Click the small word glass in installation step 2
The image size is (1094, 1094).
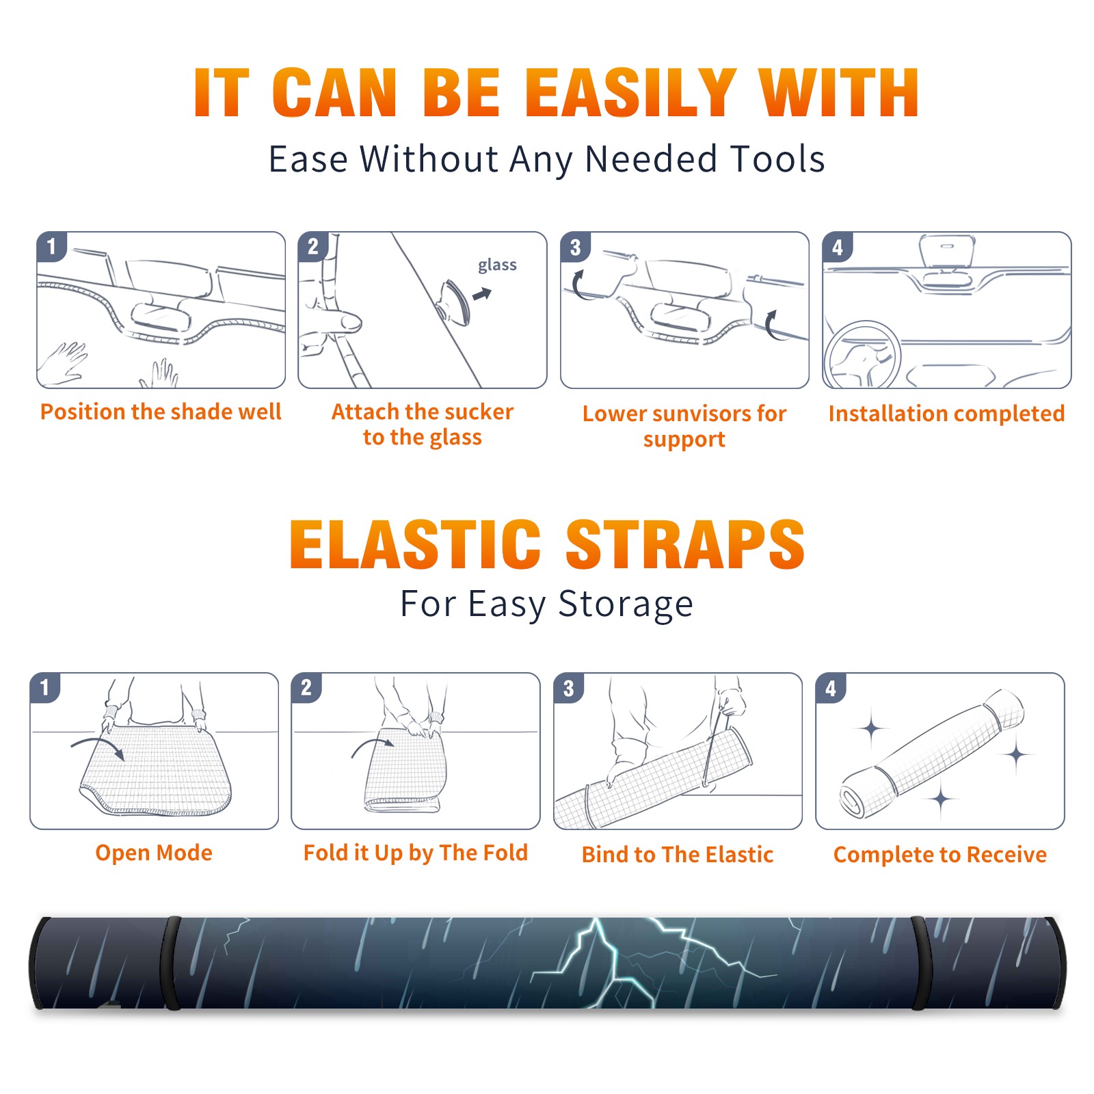click(497, 265)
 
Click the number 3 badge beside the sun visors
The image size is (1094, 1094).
click(575, 247)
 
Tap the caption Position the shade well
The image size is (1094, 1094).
click(161, 412)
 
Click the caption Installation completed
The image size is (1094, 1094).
click(946, 414)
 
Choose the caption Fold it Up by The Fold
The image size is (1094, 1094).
click(416, 853)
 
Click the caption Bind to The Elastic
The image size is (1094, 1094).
click(678, 855)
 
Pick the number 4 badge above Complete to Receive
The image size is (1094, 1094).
click(831, 688)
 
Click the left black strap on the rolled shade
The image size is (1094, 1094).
click(170, 963)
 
